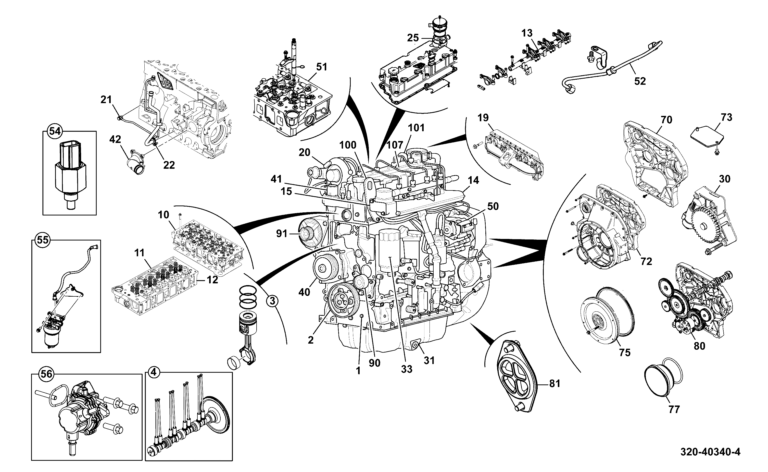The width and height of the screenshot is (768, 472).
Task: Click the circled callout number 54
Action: tap(55, 131)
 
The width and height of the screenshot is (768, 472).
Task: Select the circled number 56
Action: tap(46, 374)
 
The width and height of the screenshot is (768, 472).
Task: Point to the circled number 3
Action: tap(272, 301)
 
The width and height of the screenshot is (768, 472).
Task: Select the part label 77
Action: tap(674, 409)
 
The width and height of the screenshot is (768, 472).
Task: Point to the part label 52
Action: tap(640, 81)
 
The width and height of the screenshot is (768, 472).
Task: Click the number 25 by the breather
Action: tap(413, 38)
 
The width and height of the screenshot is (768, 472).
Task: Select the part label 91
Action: tap(282, 234)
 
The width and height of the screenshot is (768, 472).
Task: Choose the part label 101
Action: tap(416, 128)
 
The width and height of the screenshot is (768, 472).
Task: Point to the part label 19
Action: tap(483, 118)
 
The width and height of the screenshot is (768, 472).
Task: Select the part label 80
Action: tap(699, 346)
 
